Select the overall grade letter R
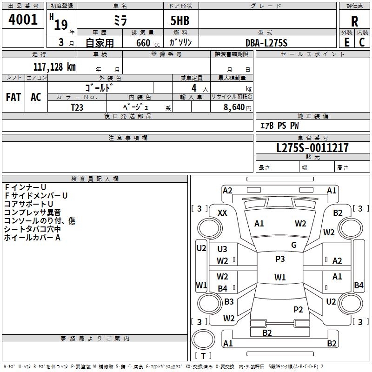[x=354, y=20]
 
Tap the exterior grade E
[x=346, y=42]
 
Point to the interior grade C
[x=362, y=42]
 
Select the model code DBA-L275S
[x=266, y=42]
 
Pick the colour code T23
[x=77, y=106]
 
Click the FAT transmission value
[x=13, y=97]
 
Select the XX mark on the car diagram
[x=223, y=213]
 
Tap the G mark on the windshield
[x=294, y=245]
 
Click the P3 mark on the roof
[x=280, y=259]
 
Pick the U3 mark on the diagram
[x=223, y=249]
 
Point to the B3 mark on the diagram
[x=229, y=302]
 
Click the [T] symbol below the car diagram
[x=203, y=356]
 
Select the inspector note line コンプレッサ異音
[x=32, y=213]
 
